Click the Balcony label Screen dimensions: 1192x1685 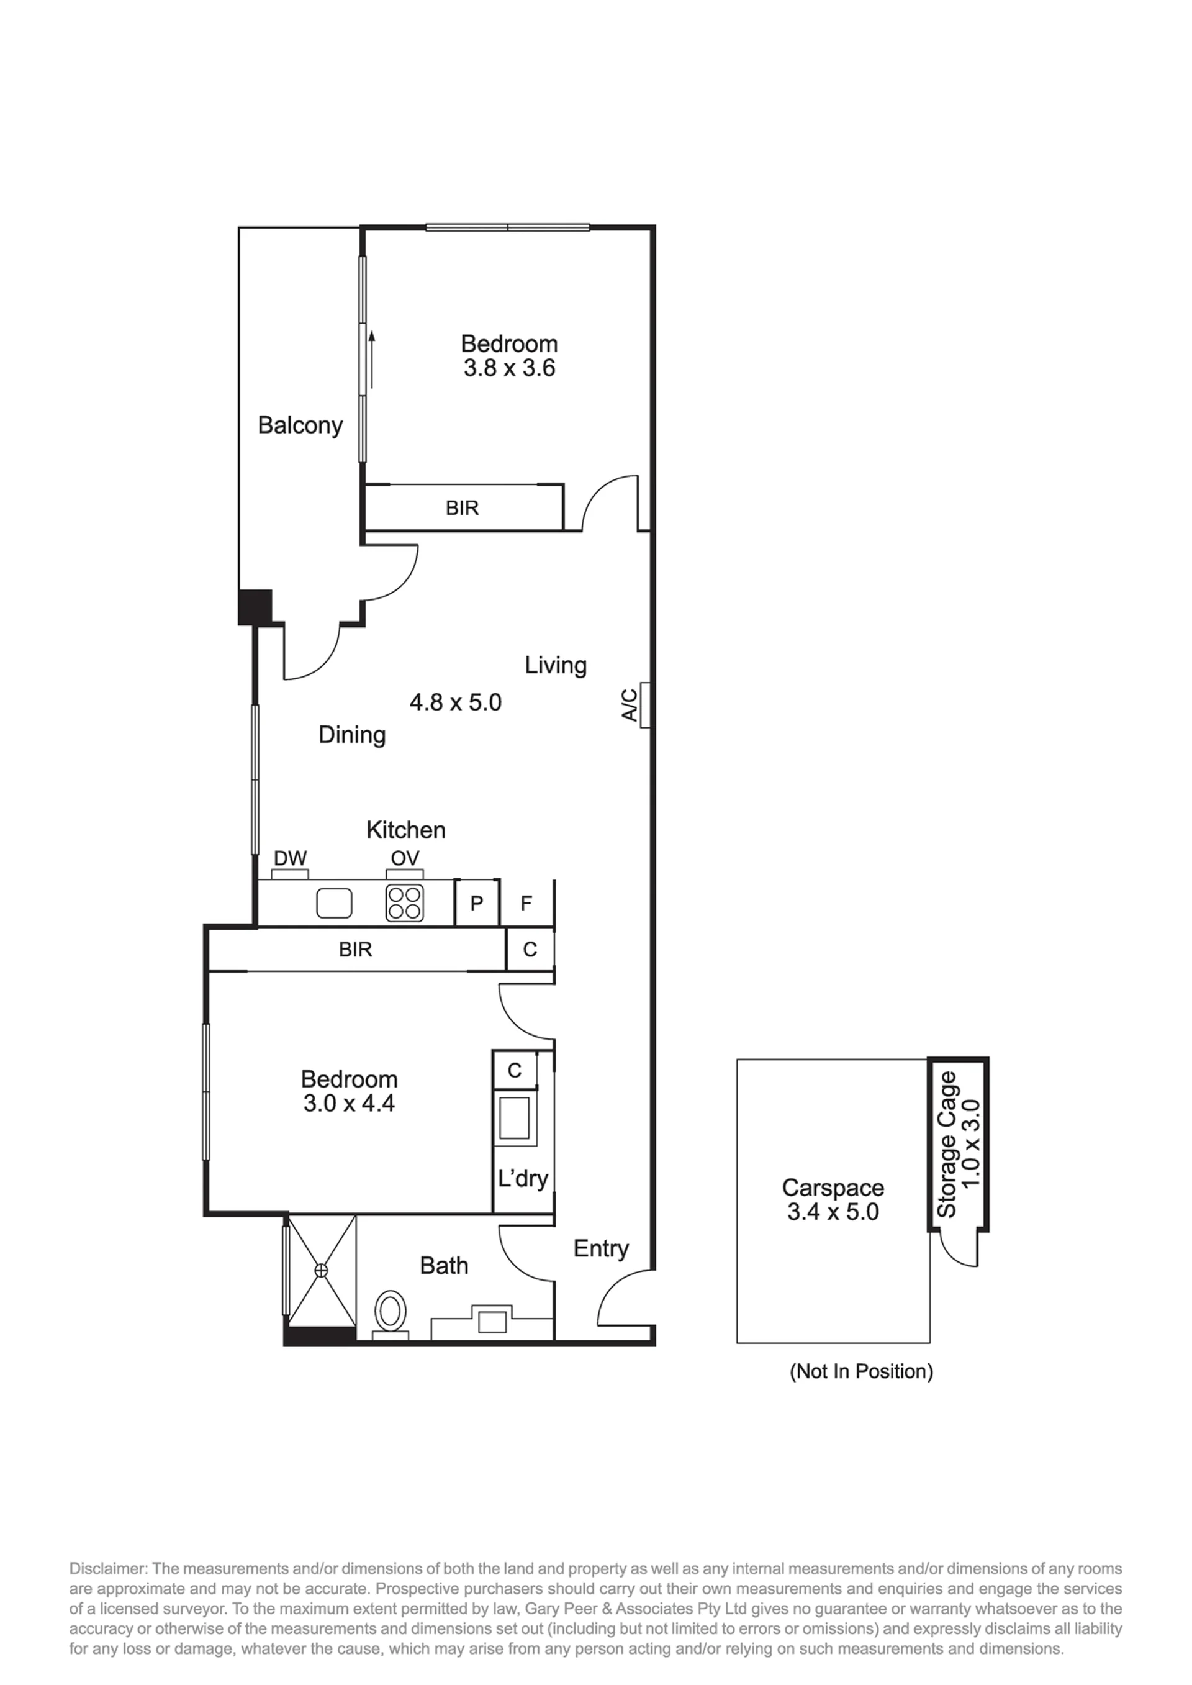300,426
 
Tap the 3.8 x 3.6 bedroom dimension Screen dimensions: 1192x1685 509,368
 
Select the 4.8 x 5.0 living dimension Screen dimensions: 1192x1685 455,702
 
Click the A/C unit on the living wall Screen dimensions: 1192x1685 645,705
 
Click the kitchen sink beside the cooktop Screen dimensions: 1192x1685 334,904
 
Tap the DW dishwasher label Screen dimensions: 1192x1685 290,858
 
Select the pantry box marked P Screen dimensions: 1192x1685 477,902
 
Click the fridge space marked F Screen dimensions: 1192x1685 526,903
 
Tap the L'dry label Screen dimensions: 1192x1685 523,1179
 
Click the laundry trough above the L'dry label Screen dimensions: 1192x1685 515,1118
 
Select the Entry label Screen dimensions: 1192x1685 601,1249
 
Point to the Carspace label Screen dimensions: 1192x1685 833,1188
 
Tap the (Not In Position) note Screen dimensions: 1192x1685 861,1371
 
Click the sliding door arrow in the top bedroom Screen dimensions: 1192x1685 372,359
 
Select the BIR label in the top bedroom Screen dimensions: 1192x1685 463,507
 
